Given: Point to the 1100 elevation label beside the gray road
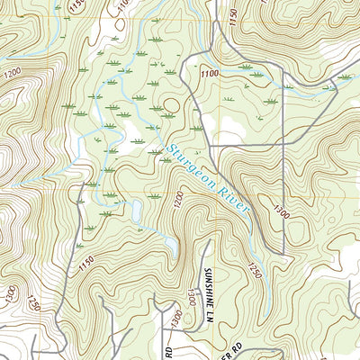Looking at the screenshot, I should [210, 75].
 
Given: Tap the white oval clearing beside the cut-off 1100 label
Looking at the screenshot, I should [119, 26].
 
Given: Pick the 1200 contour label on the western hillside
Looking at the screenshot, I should [12, 73].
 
